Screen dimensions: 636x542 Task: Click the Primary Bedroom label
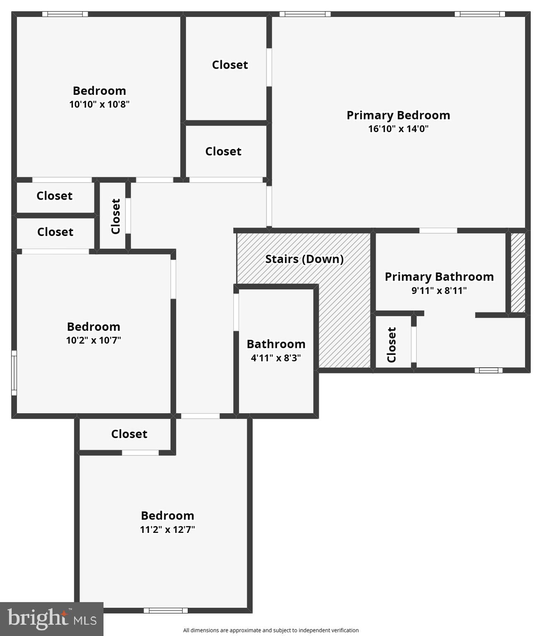click(x=398, y=115)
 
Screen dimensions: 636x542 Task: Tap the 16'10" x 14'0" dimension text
click(x=398, y=129)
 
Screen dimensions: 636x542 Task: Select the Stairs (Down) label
click(x=304, y=259)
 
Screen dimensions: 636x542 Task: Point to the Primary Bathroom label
click(x=439, y=277)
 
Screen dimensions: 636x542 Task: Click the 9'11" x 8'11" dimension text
click(x=439, y=290)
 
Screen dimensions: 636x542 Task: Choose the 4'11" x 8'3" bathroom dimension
click(x=276, y=358)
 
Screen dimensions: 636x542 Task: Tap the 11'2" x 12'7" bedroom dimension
click(x=167, y=529)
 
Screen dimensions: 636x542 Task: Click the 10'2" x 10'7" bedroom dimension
click(x=94, y=340)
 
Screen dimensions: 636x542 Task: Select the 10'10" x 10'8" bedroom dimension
click(x=99, y=104)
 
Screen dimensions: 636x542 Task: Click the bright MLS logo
click(x=52, y=619)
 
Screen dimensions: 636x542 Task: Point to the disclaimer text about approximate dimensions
click(x=271, y=630)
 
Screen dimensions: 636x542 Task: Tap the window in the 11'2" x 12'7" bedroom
click(x=166, y=610)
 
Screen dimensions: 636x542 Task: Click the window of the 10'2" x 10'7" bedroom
click(x=14, y=373)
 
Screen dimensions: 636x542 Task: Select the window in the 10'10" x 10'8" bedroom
click(x=65, y=14)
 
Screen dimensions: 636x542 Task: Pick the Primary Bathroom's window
click(x=488, y=370)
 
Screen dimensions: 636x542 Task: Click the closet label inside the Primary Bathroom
click(x=392, y=344)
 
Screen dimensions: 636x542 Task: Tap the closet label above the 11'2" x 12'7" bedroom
click(x=129, y=434)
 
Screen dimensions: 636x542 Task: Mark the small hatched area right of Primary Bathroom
click(x=518, y=272)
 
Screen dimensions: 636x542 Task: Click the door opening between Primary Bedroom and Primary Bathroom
click(x=438, y=231)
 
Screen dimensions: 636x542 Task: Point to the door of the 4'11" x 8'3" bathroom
click(x=236, y=312)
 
